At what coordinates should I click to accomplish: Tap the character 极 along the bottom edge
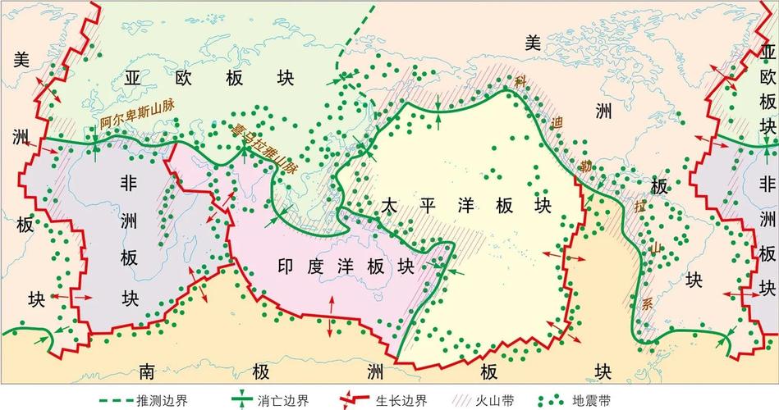pos(261,371)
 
